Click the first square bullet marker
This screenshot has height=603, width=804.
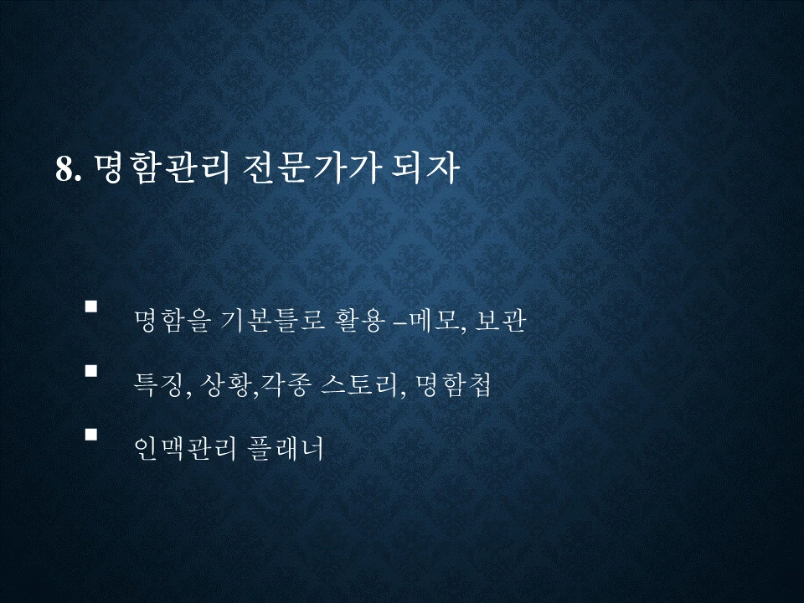(91, 307)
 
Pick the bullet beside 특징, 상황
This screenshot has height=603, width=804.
(91, 369)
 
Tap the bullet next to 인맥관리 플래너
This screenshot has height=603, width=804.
(91, 434)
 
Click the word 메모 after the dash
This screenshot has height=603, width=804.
(435, 322)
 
